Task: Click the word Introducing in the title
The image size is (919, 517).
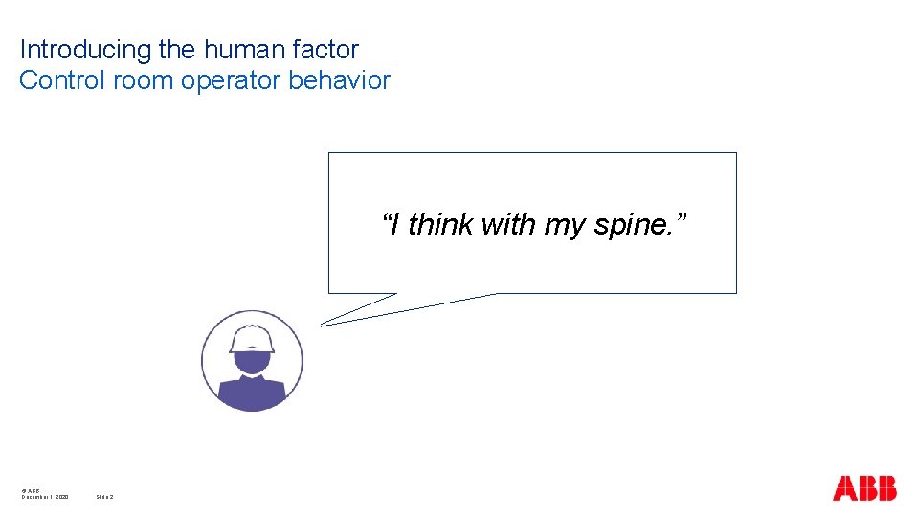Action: click(74, 49)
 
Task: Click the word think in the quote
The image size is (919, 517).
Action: click(439, 225)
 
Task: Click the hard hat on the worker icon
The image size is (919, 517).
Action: click(252, 338)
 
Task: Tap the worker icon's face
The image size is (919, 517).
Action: click(252, 362)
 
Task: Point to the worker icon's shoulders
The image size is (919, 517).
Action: click(252, 393)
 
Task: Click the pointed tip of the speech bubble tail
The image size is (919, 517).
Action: click(323, 325)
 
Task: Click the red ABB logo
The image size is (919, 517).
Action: click(864, 488)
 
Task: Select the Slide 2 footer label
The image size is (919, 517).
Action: click(105, 497)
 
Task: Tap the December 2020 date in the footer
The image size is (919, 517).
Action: click(45, 497)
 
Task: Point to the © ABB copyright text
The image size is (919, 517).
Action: click(30, 490)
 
